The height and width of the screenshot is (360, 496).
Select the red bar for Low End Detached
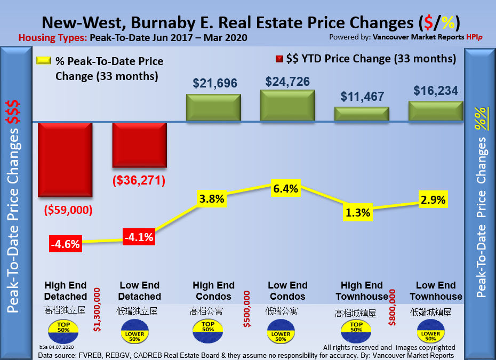coord(139,145)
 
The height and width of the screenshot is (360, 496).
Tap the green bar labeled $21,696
coord(213,108)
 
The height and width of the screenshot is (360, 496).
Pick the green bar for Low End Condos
coord(287,106)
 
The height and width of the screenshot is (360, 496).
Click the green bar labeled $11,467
coord(362,115)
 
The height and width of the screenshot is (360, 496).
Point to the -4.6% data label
coord(65,244)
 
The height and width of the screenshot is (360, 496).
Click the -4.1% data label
coord(139,236)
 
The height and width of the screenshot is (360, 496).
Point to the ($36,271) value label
coord(139,180)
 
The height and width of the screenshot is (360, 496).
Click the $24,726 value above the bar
coord(287,82)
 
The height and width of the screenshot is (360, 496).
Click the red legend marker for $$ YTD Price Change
coord(278,59)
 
